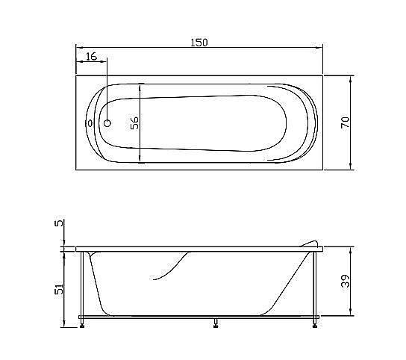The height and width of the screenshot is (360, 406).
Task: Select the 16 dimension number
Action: [x=90, y=57]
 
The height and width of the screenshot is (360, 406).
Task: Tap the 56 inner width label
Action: [x=135, y=123]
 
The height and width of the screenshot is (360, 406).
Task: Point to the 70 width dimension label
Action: [x=345, y=123]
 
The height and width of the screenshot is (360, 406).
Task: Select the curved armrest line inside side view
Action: [x=172, y=267]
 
